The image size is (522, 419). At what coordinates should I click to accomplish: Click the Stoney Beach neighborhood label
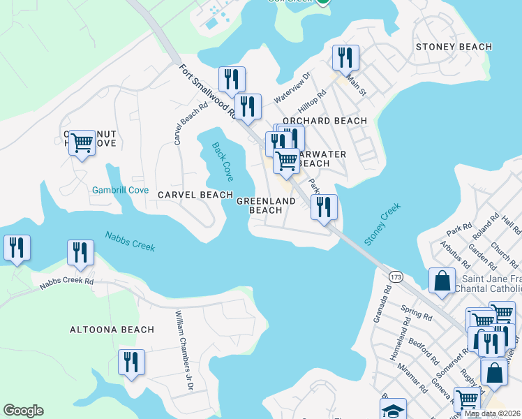click(x=454, y=47)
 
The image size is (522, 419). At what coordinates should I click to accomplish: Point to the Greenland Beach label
click(x=266, y=205)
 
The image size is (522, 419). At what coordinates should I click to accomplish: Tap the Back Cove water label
click(x=223, y=161)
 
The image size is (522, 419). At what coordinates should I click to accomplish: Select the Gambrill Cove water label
click(x=119, y=190)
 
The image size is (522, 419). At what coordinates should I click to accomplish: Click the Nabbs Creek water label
click(x=130, y=241)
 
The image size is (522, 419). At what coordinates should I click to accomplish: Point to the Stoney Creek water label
click(x=382, y=223)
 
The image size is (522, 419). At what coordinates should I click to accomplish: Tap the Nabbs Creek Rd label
click(x=66, y=282)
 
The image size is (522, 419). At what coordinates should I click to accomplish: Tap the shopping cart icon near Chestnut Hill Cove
click(x=82, y=142)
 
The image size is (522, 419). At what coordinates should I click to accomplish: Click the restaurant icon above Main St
click(x=345, y=57)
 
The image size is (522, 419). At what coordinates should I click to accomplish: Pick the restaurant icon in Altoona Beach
click(x=130, y=362)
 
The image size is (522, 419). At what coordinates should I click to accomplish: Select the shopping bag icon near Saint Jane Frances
click(x=442, y=281)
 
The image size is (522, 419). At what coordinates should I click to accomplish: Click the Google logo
click(x=23, y=411)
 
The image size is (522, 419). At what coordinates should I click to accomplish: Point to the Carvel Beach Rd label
click(x=181, y=124)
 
